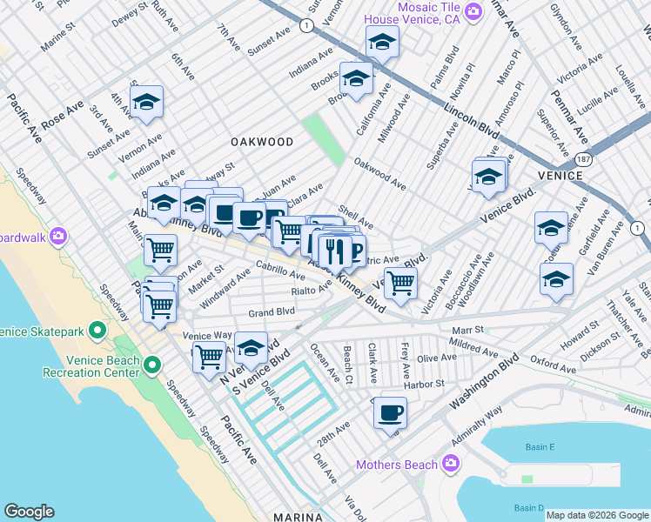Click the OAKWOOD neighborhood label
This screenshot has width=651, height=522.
click(262, 142)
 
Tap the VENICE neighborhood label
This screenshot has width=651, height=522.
click(560, 175)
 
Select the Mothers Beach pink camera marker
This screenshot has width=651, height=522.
click(451, 464)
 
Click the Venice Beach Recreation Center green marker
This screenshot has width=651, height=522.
click(152, 364)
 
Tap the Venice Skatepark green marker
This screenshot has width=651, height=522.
click(97, 331)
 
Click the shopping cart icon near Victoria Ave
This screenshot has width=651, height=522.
click(400, 282)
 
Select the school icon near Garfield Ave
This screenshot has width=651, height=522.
click(551, 228)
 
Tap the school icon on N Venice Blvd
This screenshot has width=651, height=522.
click(251, 348)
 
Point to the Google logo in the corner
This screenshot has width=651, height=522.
click(29, 511)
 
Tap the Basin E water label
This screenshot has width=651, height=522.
click(540, 447)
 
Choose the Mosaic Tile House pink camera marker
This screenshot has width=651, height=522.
click(473, 11)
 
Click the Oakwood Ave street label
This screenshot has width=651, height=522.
click(379, 173)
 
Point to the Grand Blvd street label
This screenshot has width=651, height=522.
click(272, 311)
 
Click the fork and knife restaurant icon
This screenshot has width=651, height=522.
click(332, 251)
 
